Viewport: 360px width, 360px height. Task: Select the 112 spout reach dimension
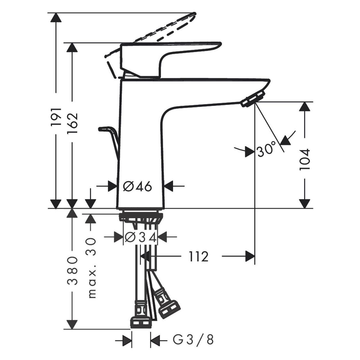[199, 257]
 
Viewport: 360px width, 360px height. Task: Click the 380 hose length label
[73, 271]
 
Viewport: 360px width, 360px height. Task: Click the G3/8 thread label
[194, 340]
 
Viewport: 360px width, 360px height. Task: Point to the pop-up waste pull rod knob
[104, 129]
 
